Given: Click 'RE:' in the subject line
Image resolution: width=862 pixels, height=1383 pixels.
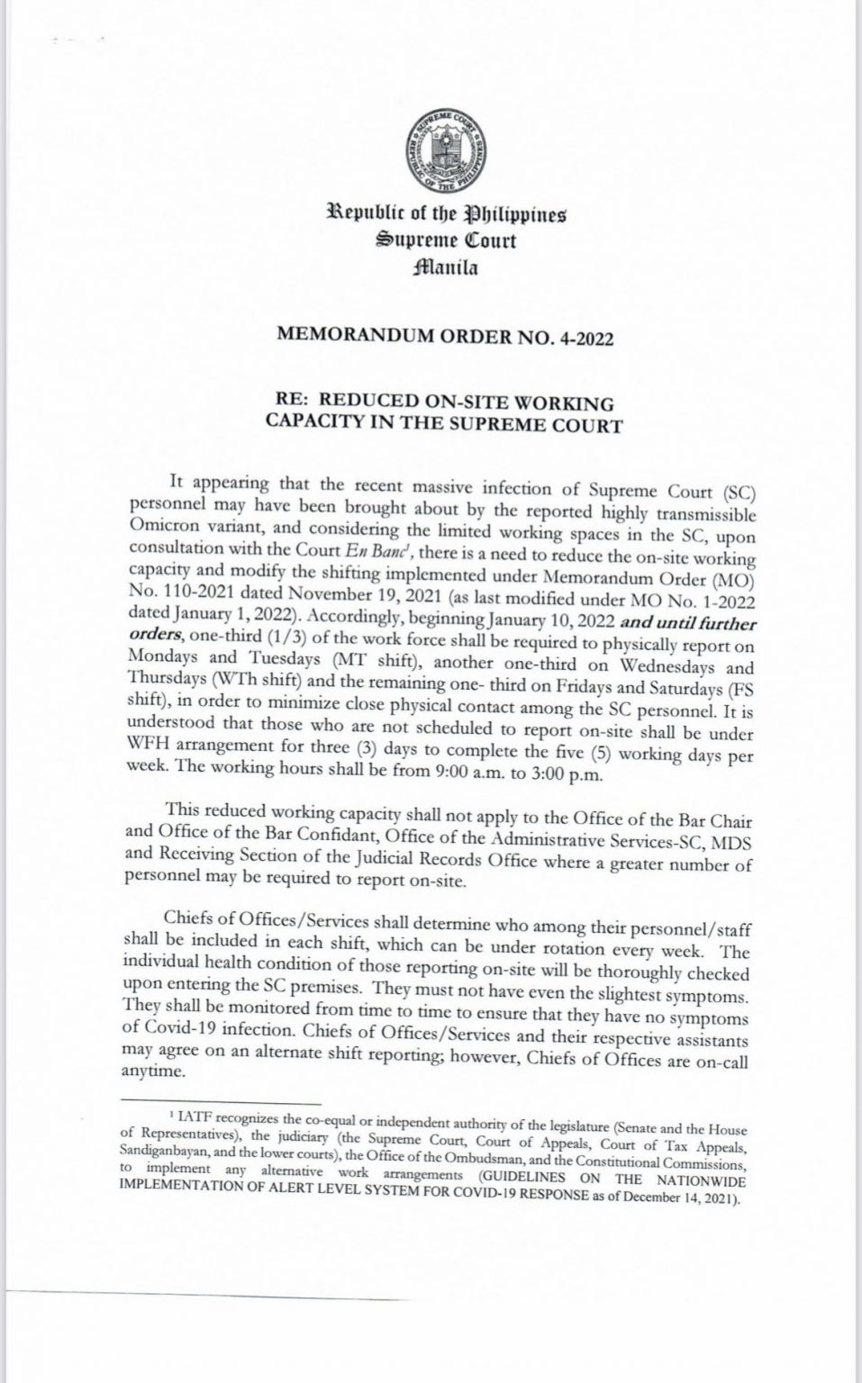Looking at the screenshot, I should coord(292,400).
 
